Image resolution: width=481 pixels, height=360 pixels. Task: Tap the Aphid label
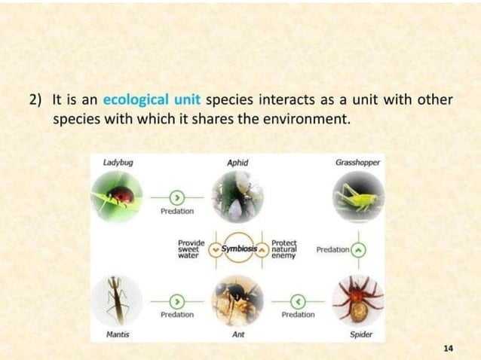pyautogui.click(x=237, y=162)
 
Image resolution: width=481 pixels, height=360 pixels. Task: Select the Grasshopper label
pyautogui.click(x=357, y=162)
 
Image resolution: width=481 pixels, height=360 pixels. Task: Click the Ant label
pyautogui.click(x=237, y=333)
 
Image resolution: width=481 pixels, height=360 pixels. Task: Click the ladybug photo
pyautogui.click(x=116, y=196)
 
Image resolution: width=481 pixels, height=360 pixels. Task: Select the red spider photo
pyautogui.click(x=357, y=299)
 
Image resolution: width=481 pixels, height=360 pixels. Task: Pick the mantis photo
pyautogui.click(x=116, y=299)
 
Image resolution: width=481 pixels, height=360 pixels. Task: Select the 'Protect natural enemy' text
pyautogui.click(x=284, y=249)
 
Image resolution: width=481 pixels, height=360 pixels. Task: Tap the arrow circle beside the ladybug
pyautogui.click(x=176, y=197)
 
